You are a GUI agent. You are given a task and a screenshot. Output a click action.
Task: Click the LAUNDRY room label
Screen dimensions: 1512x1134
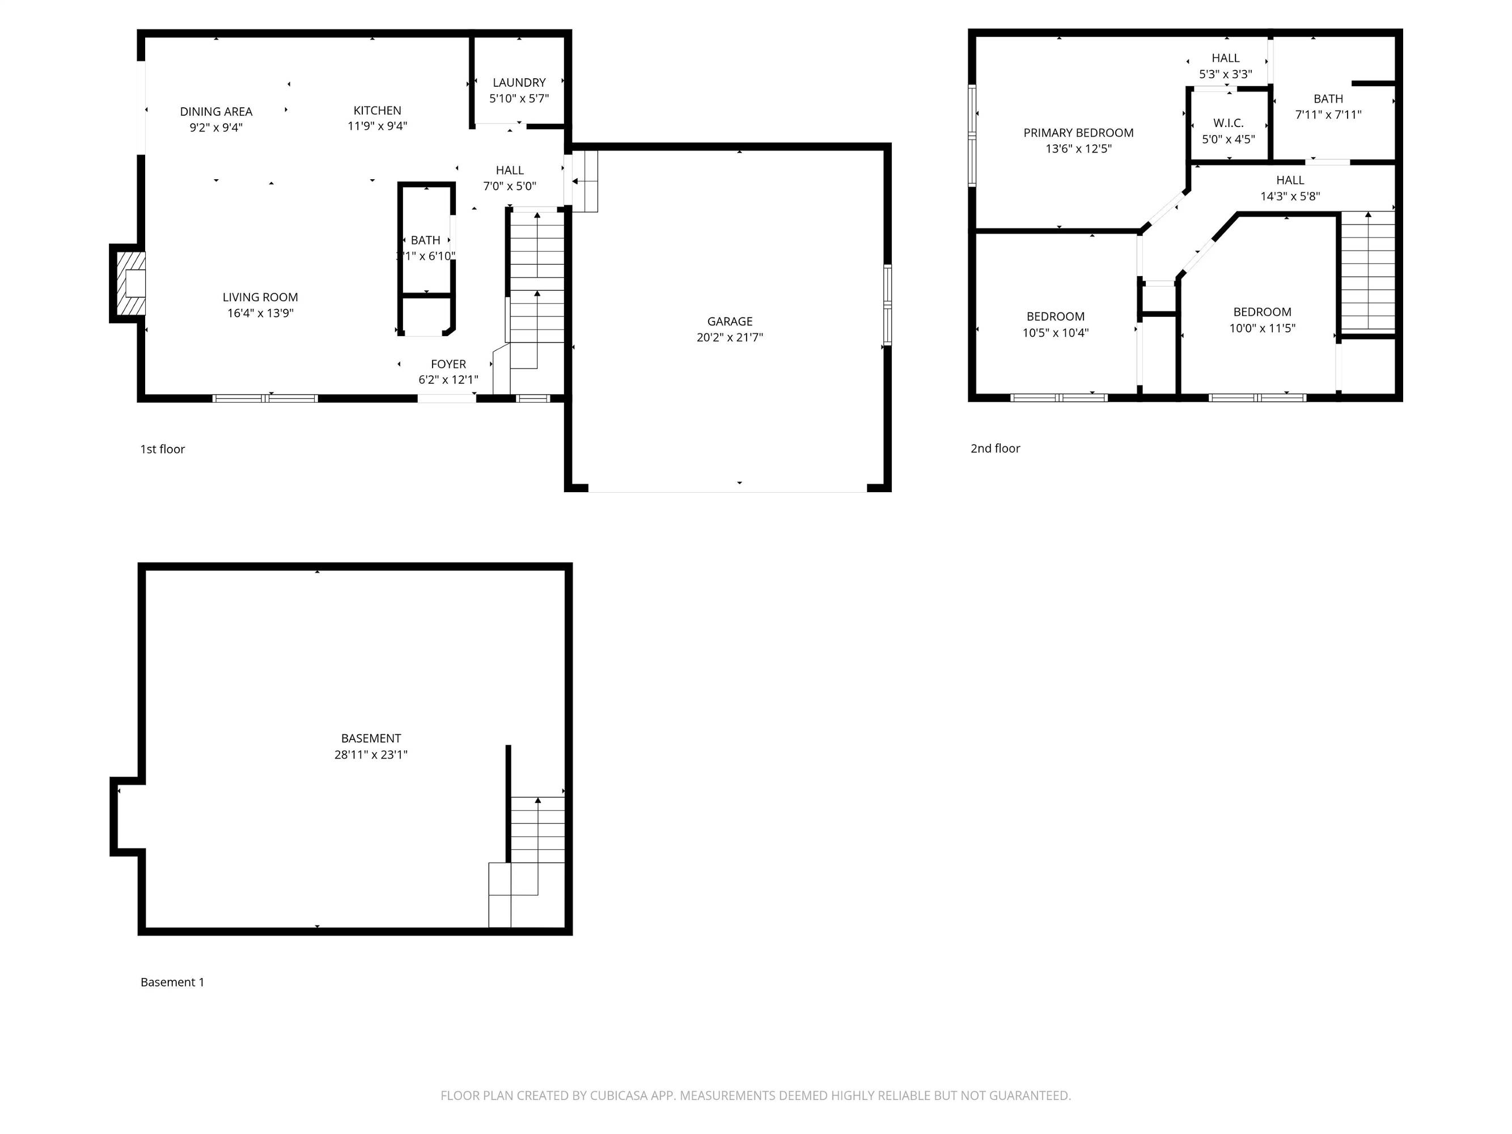pyautogui.click(x=519, y=83)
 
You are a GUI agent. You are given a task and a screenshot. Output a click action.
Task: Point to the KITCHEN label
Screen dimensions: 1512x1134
pyautogui.click(x=378, y=111)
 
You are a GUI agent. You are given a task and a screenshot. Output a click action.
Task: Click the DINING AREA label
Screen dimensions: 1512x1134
pyautogui.click(x=216, y=112)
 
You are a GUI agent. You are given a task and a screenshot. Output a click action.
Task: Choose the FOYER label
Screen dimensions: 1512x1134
pyautogui.click(x=448, y=365)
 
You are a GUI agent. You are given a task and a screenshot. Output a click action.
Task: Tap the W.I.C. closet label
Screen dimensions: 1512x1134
pyautogui.click(x=1229, y=123)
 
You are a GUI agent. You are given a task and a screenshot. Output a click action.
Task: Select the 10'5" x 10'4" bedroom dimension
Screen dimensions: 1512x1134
pyautogui.click(x=1056, y=333)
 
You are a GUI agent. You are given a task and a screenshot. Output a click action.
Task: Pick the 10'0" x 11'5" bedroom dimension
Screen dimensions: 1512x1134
pyautogui.click(x=1262, y=328)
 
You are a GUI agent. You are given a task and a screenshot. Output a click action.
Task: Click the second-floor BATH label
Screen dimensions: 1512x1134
pyautogui.click(x=1328, y=99)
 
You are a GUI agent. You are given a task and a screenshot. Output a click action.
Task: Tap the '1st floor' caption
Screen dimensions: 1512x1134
pyautogui.click(x=163, y=449)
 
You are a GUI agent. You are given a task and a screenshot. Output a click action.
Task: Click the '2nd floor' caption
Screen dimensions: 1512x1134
pyautogui.click(x=995, y=448)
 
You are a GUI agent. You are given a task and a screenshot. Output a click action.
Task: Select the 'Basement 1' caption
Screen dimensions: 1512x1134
pyautogui.click(x=172, y=982)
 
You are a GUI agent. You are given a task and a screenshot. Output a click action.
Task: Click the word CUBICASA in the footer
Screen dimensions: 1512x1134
pyautogui.click(x=619, y=1095)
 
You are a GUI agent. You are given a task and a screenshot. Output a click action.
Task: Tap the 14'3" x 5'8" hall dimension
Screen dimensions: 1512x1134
pyautogui.click(x=1290, y=196)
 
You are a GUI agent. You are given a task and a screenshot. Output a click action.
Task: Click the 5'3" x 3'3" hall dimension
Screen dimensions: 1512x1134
pyautogui.click(x=1226, y=74)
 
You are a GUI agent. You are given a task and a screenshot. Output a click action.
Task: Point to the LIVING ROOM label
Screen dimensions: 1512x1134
pyautogui.click(x=260, y=297)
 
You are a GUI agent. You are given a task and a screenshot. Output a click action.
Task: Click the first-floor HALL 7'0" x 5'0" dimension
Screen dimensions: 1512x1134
pyautogui.click(x=509, y=186)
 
